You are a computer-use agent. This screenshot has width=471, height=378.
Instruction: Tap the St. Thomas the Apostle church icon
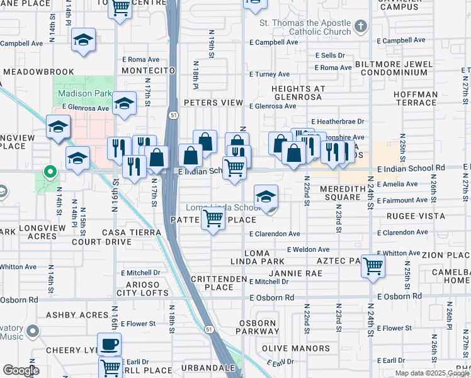pyautogui.click(x=360, y=26)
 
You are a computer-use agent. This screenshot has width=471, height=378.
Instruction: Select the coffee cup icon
pyautogui.click(x=110, y=344)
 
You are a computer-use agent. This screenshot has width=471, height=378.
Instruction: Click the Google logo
pyautogui.click(x=20, y=370)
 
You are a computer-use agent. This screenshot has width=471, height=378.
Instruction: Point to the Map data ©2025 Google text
pyautogui.click(x=431, y=373)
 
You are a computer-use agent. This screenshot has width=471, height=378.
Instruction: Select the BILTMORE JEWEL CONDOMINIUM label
pyautogui.click(x=394, y=68)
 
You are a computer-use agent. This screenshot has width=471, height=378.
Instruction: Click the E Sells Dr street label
pyautogui.click(x=330, y=55)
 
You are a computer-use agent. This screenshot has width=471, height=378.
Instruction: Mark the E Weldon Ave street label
pyautogui.click(x=308, y=249)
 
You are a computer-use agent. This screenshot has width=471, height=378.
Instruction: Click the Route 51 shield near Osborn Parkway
pyautogui.click(x=208, y=329)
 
